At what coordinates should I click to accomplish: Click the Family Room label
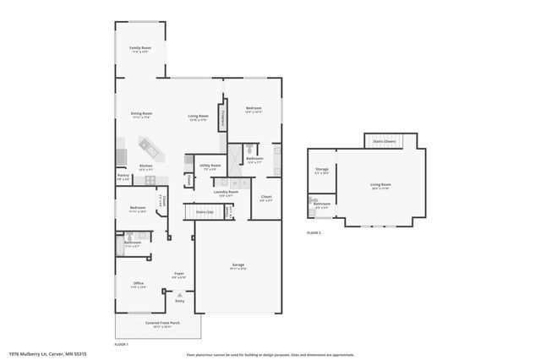click(x=139, y=50)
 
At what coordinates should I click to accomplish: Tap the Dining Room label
click(x=141, y=115)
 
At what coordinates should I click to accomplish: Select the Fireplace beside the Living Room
click(x=222, y=117)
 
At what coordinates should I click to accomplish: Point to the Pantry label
click(x=123, y=177)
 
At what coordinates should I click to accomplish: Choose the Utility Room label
click(x=210, y=166)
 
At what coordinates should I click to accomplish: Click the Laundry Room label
click(x=226, y=194)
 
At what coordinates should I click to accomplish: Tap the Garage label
click(x=238, y=266)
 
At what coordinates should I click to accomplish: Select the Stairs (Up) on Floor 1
click(x=206, y=212)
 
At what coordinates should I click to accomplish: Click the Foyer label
click(x=179, y=275)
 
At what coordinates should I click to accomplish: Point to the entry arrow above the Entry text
click(x=179, y=293)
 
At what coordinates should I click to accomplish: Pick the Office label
click(x=138, y=285)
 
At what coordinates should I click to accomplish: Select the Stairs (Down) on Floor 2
click(x=385, y=142)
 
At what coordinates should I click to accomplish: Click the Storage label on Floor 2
click(x=321, y=171)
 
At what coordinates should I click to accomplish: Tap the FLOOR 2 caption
click(x=314, y=232)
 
